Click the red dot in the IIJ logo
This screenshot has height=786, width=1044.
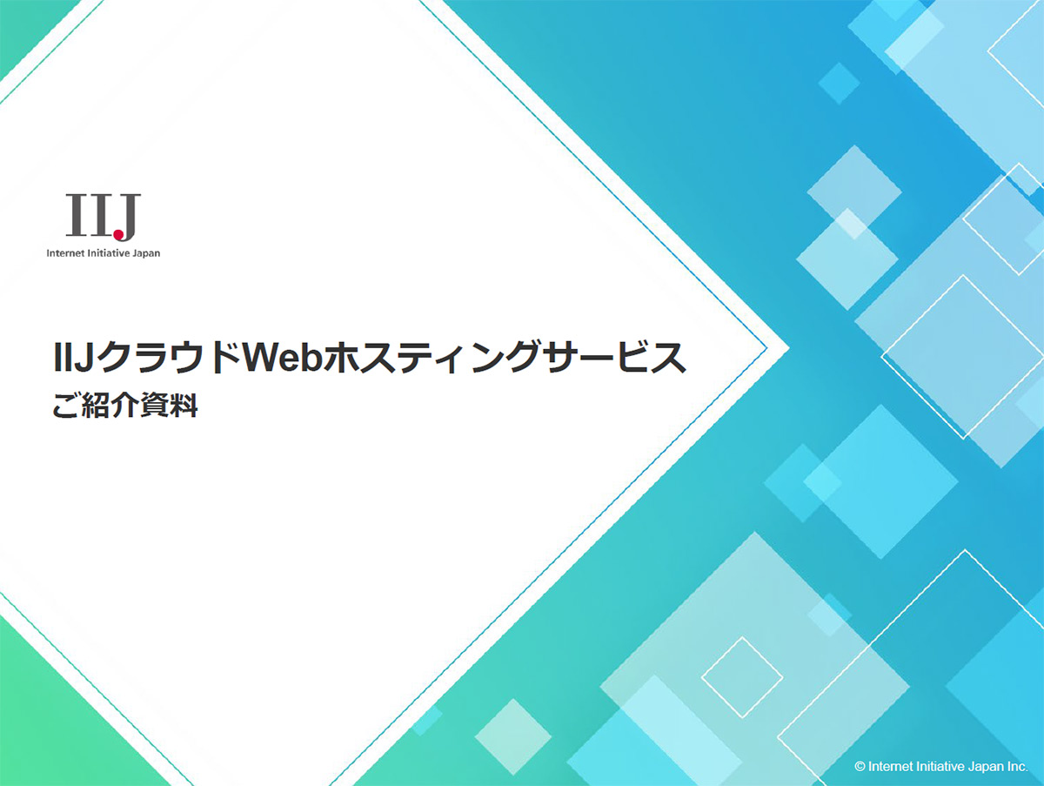(118, 233)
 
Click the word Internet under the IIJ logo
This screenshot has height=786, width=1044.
(65, 253)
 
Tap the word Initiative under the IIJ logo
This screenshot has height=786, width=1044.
(109, 253)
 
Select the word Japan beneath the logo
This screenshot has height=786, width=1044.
(146, 253)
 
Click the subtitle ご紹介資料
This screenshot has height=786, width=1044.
(125, 406)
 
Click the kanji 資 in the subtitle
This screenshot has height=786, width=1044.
(154, 406)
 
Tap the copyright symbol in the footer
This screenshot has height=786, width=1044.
(860, 767)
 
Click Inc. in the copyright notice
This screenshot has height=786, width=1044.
(1016, 767)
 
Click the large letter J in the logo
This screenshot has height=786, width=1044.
(125, 217)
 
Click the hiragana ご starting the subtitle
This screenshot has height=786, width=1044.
(65, 406)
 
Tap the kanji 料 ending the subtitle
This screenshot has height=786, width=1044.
(183, 406)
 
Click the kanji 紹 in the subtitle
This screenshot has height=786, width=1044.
(96, 406)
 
